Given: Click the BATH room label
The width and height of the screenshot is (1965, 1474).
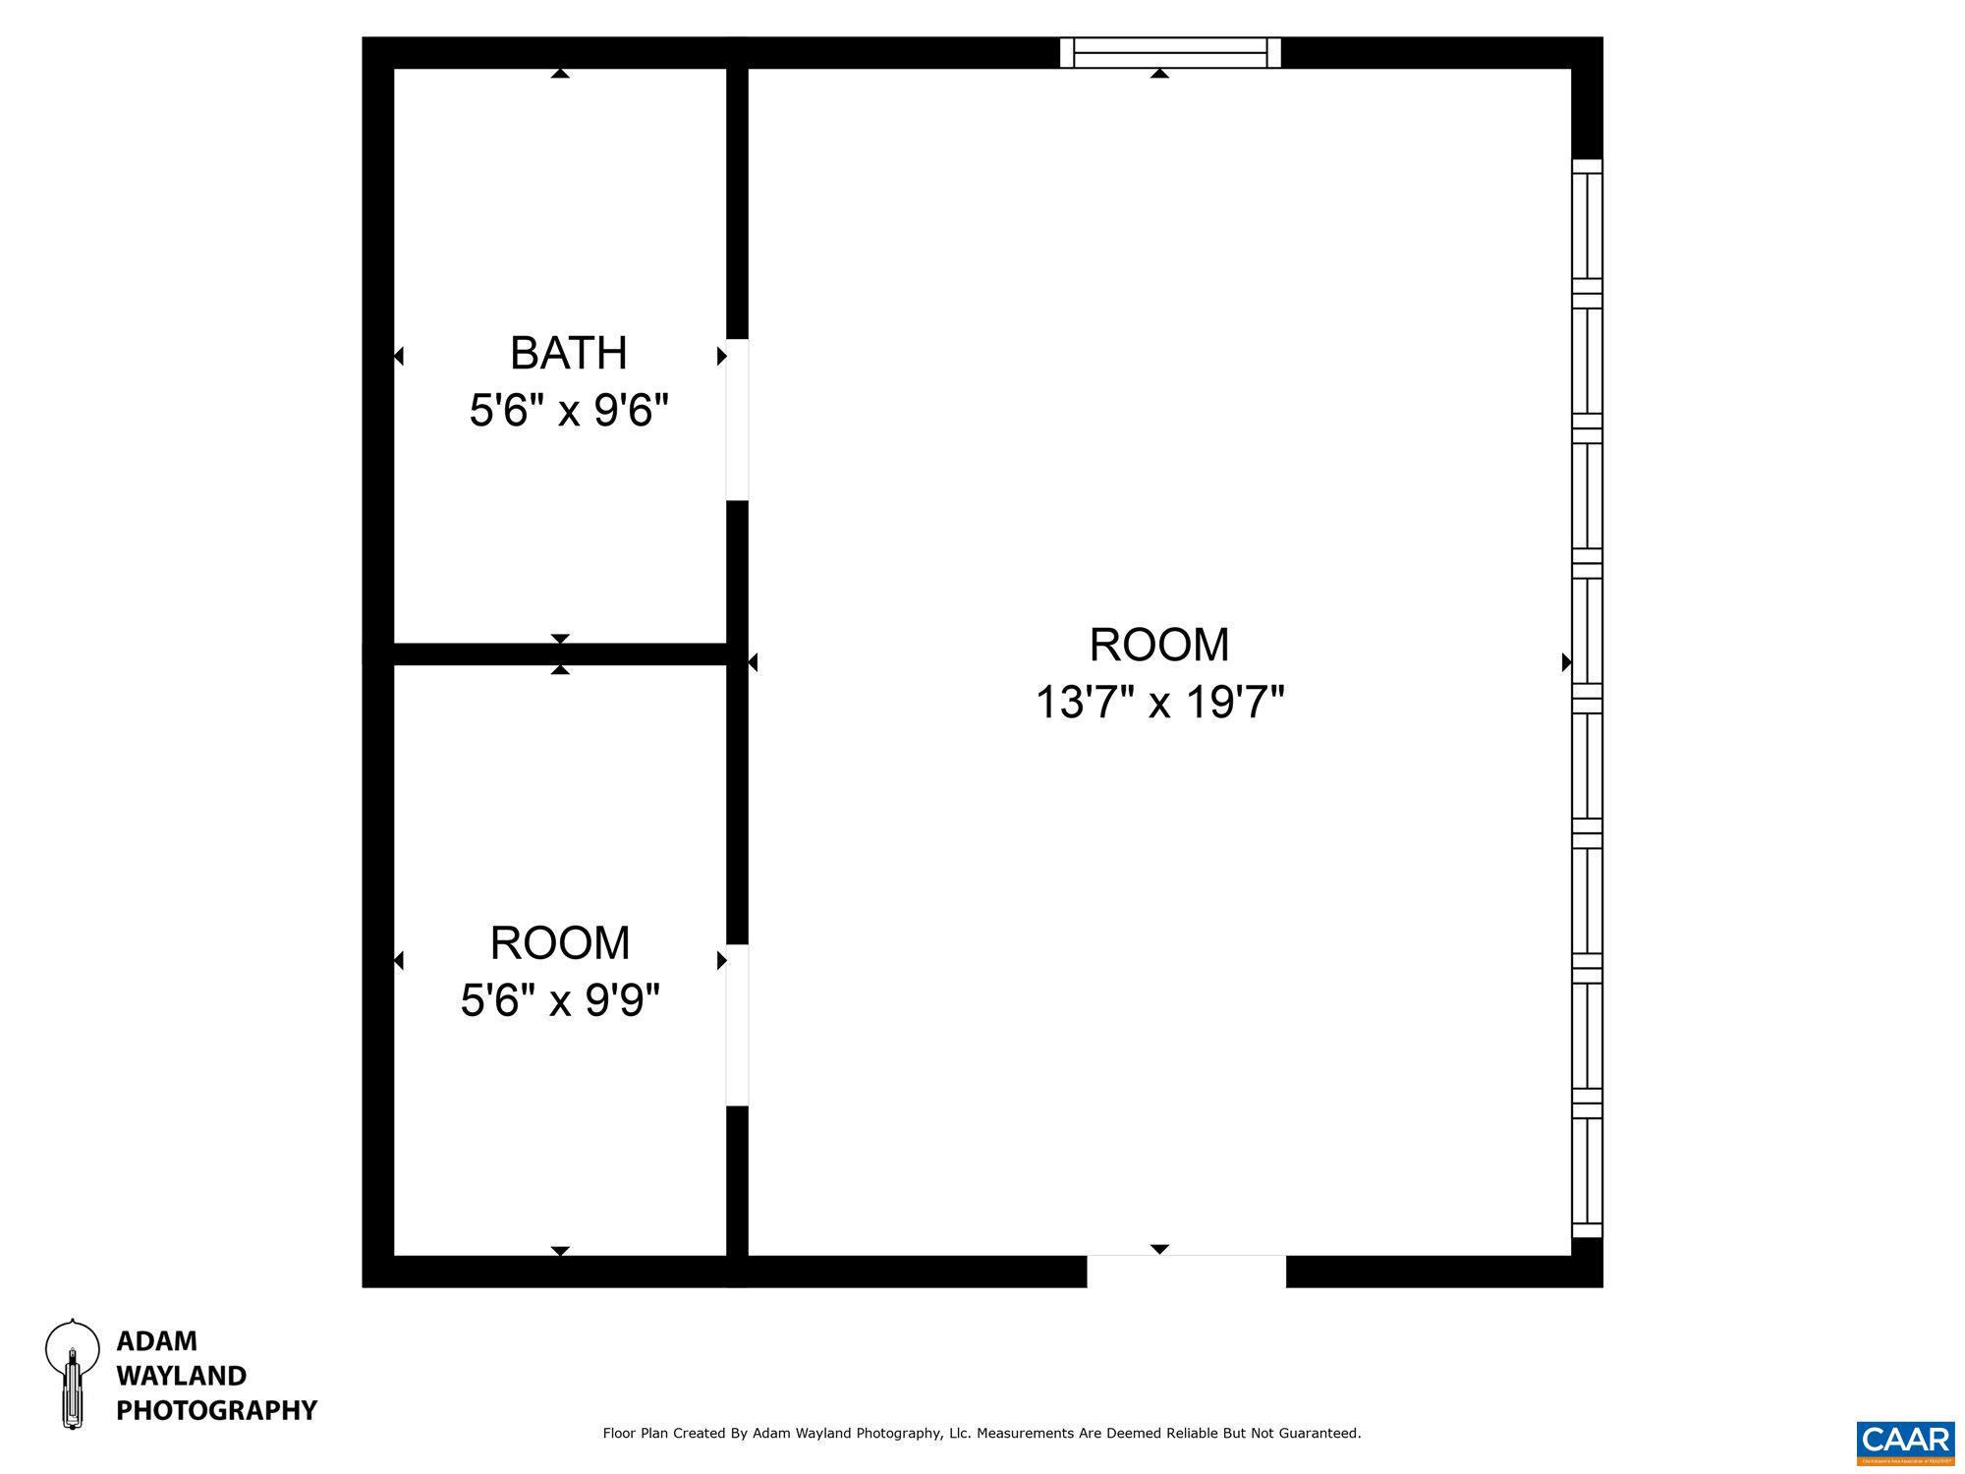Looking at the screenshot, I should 568,353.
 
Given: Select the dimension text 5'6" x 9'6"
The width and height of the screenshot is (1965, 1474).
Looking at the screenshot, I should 568,411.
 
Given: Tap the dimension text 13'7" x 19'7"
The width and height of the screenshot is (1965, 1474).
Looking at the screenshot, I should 1159,704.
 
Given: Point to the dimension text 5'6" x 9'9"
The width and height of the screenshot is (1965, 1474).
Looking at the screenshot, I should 559,1001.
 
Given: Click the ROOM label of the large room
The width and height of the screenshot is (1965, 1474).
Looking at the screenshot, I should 1159,646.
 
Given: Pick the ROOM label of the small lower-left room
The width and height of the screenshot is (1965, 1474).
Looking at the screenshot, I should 559,943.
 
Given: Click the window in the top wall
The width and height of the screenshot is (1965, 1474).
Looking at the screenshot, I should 1170,52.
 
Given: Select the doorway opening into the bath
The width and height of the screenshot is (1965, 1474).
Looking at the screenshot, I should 737,420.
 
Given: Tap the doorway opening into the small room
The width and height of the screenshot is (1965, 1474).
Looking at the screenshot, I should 737,1025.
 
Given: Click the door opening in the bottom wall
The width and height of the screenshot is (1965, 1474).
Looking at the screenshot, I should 1186,1271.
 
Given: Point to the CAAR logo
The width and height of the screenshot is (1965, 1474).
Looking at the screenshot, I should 1905,1442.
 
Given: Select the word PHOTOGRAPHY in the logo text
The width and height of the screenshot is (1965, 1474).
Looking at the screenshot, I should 216,1410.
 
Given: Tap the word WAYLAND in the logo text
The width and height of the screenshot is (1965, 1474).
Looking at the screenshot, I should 181,1375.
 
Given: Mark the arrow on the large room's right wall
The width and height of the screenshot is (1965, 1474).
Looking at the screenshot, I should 1566,662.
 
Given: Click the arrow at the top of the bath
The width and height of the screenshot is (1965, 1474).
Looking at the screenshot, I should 560,74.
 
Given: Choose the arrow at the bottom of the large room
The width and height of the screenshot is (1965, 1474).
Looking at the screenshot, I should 1159,1249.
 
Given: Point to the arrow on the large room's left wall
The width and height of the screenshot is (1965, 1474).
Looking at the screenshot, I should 753,663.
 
